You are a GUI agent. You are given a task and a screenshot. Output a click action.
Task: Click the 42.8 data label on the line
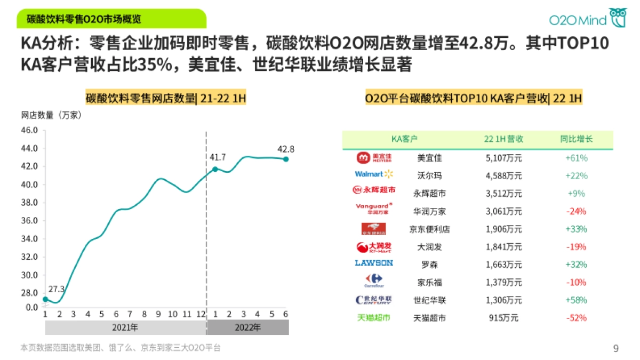286,149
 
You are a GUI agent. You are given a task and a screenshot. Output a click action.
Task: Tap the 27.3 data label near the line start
56,290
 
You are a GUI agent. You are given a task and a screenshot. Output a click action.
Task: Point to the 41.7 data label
218,157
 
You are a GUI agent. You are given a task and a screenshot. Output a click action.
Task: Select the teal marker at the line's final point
286,159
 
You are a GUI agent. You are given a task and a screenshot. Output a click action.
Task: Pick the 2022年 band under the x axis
247,327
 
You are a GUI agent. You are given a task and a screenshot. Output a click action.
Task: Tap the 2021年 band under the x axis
126,327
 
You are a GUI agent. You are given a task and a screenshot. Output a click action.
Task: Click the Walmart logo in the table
374,174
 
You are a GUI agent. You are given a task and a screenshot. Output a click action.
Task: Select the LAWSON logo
374,263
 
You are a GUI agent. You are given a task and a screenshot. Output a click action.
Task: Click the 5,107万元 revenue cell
503,158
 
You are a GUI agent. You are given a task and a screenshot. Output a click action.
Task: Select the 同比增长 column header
576,139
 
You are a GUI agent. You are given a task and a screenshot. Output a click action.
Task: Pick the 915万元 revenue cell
503,318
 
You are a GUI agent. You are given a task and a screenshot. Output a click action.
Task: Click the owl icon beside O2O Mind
618,18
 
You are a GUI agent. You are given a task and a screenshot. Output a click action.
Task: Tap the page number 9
616,349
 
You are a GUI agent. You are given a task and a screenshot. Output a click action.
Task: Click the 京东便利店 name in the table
429,229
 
